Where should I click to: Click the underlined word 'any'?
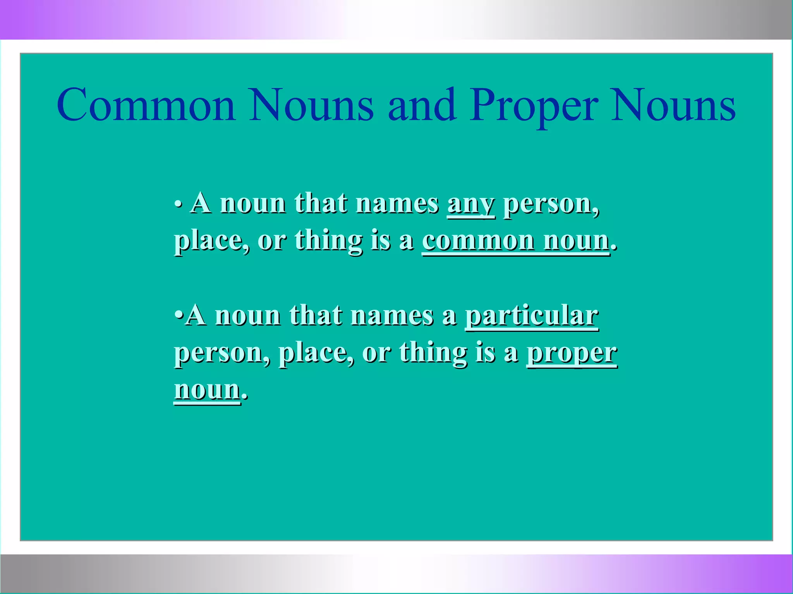tap(471, 204)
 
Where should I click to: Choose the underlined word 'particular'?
tap(532, 316)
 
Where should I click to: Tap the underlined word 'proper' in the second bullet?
tap(572, 353)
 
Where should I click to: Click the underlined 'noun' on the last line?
tap(207, 389)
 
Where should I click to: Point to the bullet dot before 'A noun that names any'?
tap(178, 204)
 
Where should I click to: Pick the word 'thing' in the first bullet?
tap(328, 241)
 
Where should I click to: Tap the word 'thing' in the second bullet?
tap(433, 353)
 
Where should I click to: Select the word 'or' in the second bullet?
tap(376, 353)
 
